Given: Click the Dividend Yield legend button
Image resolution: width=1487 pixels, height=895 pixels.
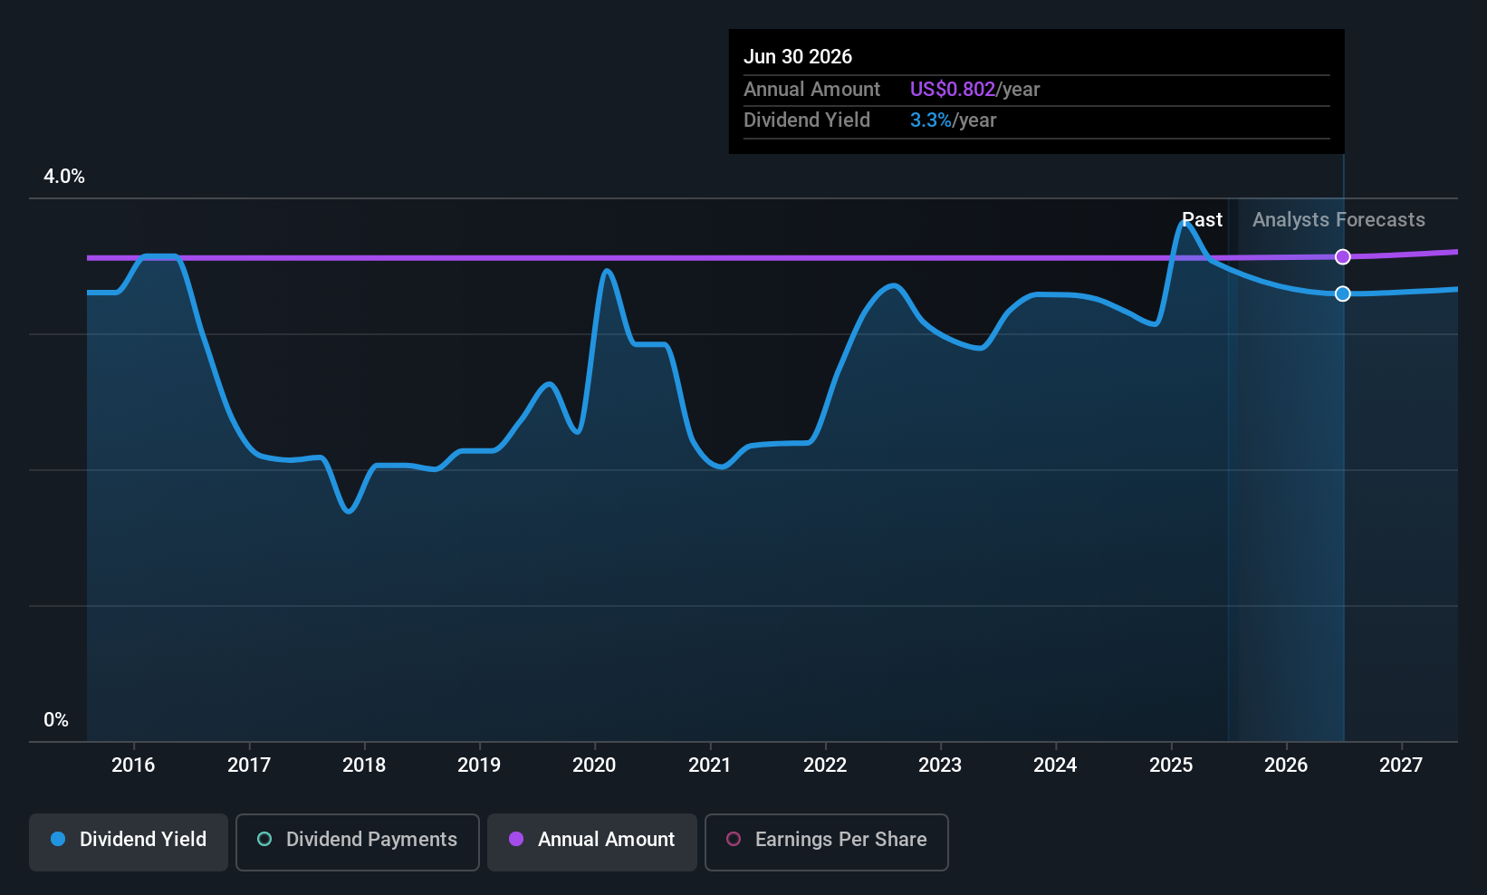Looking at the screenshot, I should pos(129,841).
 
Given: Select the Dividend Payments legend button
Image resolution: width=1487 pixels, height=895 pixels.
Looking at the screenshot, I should pos(358,841).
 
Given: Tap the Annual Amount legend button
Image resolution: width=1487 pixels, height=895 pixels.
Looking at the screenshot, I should pos(592,841).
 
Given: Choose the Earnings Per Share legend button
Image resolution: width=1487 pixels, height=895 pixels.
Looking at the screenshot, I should pos(826,841).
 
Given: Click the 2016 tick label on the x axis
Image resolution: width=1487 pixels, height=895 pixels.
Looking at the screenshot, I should pos(133,765).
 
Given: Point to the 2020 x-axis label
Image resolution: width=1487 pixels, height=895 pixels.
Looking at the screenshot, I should pos(594,765).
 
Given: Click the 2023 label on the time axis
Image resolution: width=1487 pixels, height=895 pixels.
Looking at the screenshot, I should pos(940,765).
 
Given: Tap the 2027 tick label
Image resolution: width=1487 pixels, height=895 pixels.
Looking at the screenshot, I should pos(1401,765).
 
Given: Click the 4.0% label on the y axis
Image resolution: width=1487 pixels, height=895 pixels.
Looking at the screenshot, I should pos(64,177).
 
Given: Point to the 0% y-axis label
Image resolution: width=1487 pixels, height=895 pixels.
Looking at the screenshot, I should pos(56,720).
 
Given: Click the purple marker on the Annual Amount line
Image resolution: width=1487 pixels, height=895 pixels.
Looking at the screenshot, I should pos(1343,257).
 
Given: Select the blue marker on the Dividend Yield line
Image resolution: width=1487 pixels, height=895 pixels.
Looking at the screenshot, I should pos(1343,294).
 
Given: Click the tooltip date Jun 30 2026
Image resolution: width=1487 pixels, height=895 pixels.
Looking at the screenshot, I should pos(798,56).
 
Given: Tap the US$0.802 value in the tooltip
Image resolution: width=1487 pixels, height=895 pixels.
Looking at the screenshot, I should pos(952,89).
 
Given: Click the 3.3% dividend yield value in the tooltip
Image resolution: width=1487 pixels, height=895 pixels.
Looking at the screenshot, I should pos(930,120).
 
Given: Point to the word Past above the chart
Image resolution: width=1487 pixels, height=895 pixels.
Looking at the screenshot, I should pos(1203,220).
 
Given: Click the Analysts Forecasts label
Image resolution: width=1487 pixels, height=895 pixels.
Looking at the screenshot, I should pos(1338,220).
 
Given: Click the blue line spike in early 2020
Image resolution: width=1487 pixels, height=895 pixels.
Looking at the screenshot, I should pos(607,271).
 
